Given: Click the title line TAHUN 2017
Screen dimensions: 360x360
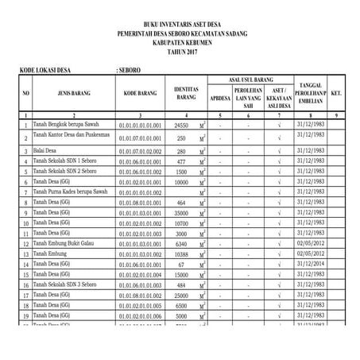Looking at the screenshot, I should pos(180,50).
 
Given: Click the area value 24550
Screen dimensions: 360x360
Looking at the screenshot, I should pos(181,126).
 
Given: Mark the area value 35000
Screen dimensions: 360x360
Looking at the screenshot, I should pos(181,213).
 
